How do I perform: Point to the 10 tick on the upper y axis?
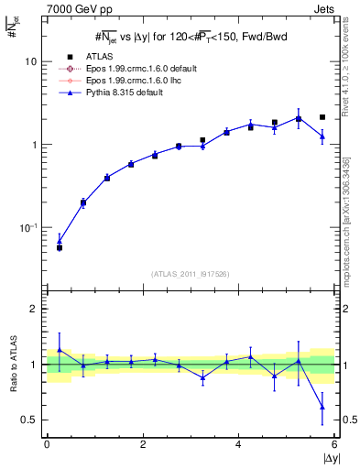pos(30,61)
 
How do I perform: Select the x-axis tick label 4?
pos(239,444)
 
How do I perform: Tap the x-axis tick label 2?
pos(143,444)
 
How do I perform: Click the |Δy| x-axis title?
pos(328,457)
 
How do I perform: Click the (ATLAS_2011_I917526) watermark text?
pos(191,274)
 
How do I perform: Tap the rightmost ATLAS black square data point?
pos(322,117)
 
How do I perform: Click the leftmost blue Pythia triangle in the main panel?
pos(60,242)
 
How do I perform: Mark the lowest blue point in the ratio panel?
pos(322,407)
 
